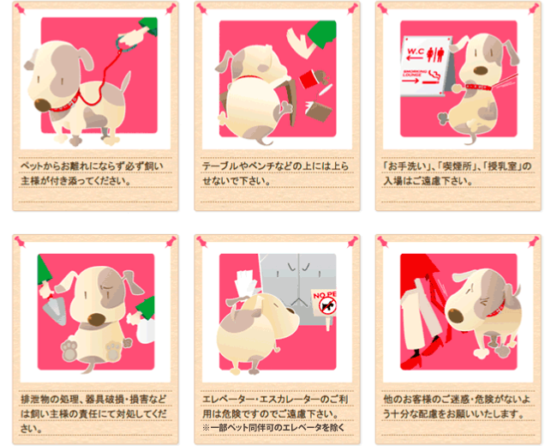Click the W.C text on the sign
coord(415,51)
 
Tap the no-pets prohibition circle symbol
coord(327,306)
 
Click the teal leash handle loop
coord(123,42)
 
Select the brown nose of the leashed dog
coord(42,104)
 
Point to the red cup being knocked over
coord(307,79)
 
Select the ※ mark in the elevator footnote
coord(206,427)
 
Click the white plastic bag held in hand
coord(146,331)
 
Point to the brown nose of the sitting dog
coord(97,319)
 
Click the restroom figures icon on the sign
coord(435,54)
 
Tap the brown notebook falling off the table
coord(318,111)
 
